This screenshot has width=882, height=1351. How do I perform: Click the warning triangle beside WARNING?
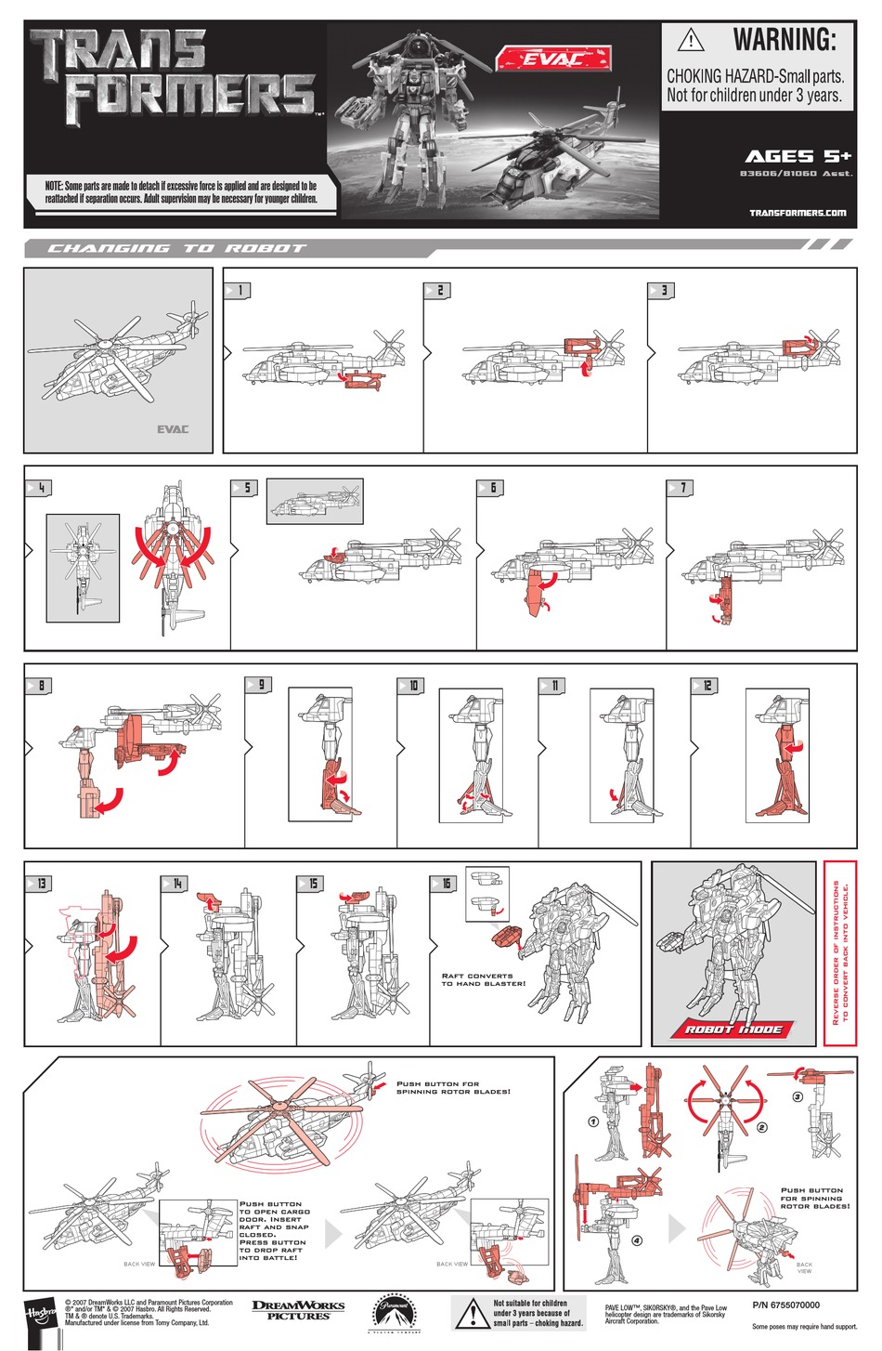tap(691, 41)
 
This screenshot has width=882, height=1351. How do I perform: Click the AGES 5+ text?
tap(798, 156)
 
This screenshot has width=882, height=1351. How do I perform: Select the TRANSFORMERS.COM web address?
tap(798, 213)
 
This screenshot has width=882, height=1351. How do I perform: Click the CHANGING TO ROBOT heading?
tap(176, 248)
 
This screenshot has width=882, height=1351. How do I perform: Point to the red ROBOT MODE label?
tap(733, 1029)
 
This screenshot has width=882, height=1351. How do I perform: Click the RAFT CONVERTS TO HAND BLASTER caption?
tap(483, 979)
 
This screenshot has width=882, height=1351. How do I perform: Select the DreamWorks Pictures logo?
tap(298, 1309)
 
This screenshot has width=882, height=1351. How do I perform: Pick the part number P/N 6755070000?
tap(785, 1305)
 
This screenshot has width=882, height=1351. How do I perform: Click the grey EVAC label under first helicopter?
tap(172, 429)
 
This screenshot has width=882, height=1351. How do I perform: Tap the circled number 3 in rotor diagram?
tap(797, 1096)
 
